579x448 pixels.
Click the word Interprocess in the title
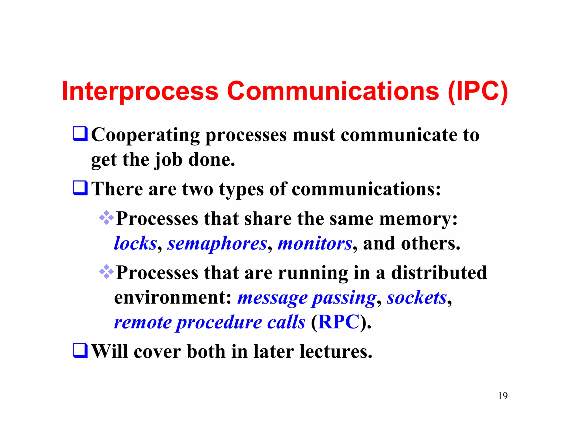click(140, 91)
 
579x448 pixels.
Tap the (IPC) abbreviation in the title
click(478, 91)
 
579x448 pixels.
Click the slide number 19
click(503, 396)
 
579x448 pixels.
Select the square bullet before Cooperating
click(80, 134)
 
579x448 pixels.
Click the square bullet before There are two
click(80, 188)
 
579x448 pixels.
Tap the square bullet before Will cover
click(80, 351)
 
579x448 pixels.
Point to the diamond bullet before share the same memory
click(107, 218)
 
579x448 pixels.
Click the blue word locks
click(135, 244)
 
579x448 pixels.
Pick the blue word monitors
click(315, 244)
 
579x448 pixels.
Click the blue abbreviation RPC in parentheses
click(338, 322)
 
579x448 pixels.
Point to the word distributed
click(439, 273)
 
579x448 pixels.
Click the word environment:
click(173, 298)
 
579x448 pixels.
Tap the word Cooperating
click(145, 135)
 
